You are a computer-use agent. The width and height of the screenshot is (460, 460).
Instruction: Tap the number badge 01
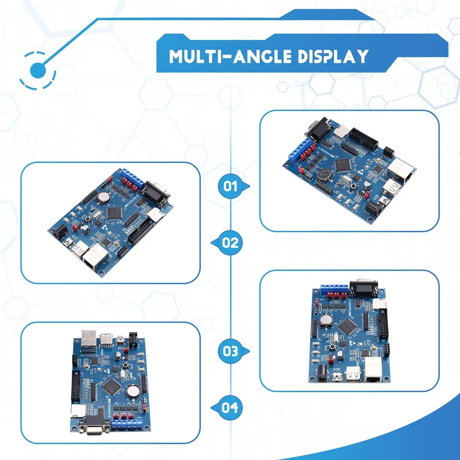point(230,186)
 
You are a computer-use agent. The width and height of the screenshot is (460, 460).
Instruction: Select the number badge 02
point(230,243)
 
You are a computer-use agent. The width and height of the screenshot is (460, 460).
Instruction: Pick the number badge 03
point(230,351)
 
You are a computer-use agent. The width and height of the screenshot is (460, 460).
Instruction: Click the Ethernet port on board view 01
point(402,171)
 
